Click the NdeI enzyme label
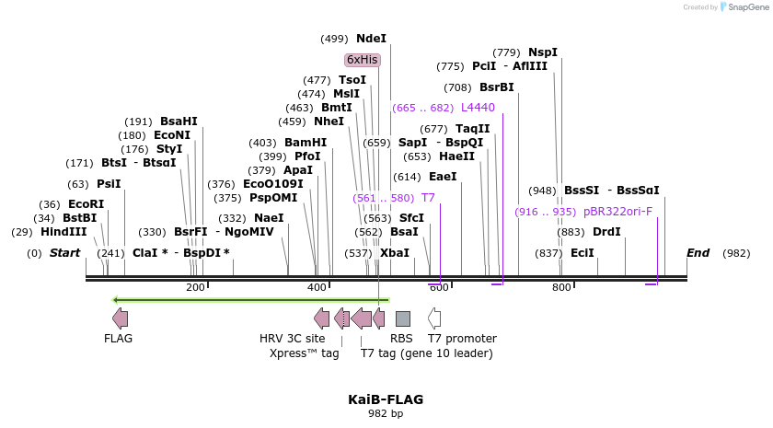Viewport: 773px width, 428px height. point(371,39)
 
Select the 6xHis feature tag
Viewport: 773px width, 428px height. point(362,60)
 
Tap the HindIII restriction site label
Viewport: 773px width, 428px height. point(63,232)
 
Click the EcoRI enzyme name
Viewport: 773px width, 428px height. point(86,204)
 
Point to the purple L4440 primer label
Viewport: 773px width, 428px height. point(478,108)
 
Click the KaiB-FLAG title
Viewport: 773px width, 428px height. point(386,399)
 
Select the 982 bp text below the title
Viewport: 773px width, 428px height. point(386,414)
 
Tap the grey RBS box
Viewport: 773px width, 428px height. point(402,318)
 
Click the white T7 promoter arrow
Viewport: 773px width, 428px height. point(434,318)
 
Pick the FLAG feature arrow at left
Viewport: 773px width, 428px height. point(120,318)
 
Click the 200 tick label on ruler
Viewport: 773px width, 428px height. point(195,288)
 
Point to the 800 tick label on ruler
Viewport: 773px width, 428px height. point(561,288)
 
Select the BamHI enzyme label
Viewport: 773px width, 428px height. point(306,143)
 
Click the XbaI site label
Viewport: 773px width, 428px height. point(395,253)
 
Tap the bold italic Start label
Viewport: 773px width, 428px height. point(65,253)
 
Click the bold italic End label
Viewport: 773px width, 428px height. point(698,253)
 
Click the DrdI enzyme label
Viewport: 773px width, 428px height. point(606,232)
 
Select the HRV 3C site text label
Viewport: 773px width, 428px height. point(292,339)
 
